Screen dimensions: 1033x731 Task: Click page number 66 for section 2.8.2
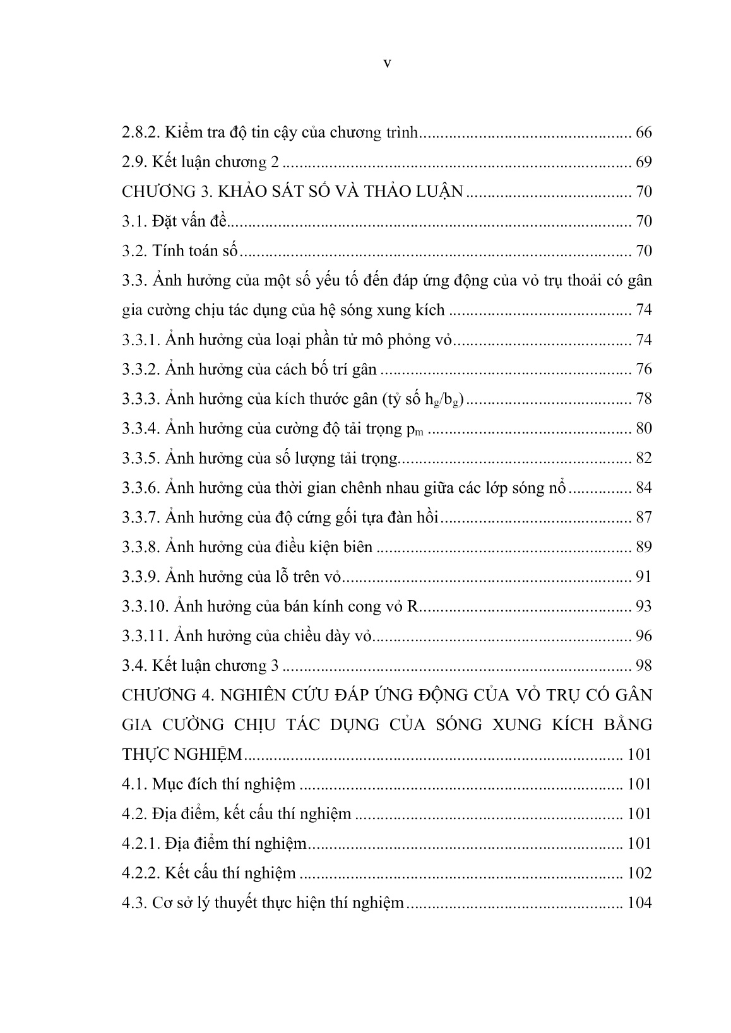[643, 133]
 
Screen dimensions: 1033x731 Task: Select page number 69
[643, 162]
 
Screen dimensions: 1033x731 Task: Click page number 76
[643, 369]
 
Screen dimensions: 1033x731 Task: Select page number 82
[643, 458]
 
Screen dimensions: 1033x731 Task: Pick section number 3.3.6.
[141, 488]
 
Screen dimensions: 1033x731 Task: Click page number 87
[643, 517]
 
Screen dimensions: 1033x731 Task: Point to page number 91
[643, 577]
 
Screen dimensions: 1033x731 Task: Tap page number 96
[643, 635]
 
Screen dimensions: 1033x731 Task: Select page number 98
[643, 665]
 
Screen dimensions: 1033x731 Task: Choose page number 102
[639, 873]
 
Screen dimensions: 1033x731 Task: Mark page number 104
[639, 902]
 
